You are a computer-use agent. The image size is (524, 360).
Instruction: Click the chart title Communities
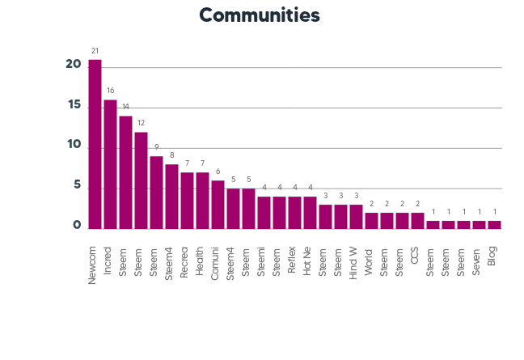pos(259,15)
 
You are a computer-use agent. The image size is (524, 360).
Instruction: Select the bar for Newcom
pos(95,144)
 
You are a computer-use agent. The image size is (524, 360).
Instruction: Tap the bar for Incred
pos(111,164)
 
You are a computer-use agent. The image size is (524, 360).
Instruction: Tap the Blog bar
pos(494,225)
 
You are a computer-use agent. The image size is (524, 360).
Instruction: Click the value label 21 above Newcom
pos(95,50)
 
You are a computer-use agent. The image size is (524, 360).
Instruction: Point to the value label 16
pos(111,91)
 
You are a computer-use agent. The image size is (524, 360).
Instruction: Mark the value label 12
pos(141,123)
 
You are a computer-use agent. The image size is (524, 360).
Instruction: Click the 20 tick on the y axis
pos(74,66)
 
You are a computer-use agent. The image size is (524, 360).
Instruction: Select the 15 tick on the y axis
pos(74,106)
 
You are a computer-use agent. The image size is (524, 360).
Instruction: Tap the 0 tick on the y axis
pos(77,226)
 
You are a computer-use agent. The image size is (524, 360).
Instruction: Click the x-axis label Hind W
pos(356,259)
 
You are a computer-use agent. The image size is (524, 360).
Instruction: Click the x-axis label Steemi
pos(264,256)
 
